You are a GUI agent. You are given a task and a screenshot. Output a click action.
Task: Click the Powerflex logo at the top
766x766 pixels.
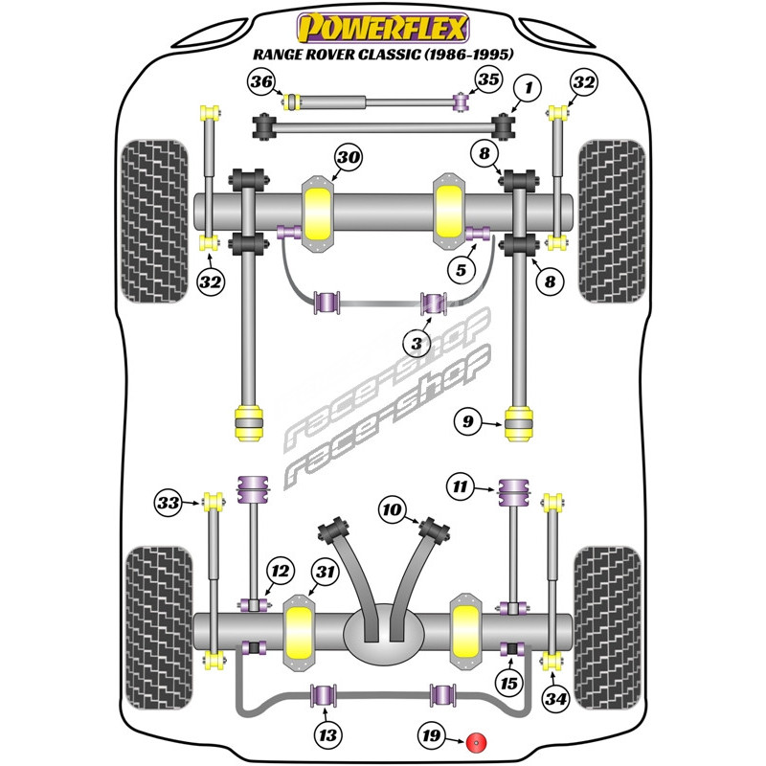(x=383, y=26)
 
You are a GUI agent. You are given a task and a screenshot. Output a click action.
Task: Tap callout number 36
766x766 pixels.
(x=261, y=82)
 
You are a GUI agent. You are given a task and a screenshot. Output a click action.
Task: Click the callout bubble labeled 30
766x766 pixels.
(x=347, y=158)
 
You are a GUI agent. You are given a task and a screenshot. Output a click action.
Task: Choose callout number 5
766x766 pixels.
(x=462, y=271)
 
